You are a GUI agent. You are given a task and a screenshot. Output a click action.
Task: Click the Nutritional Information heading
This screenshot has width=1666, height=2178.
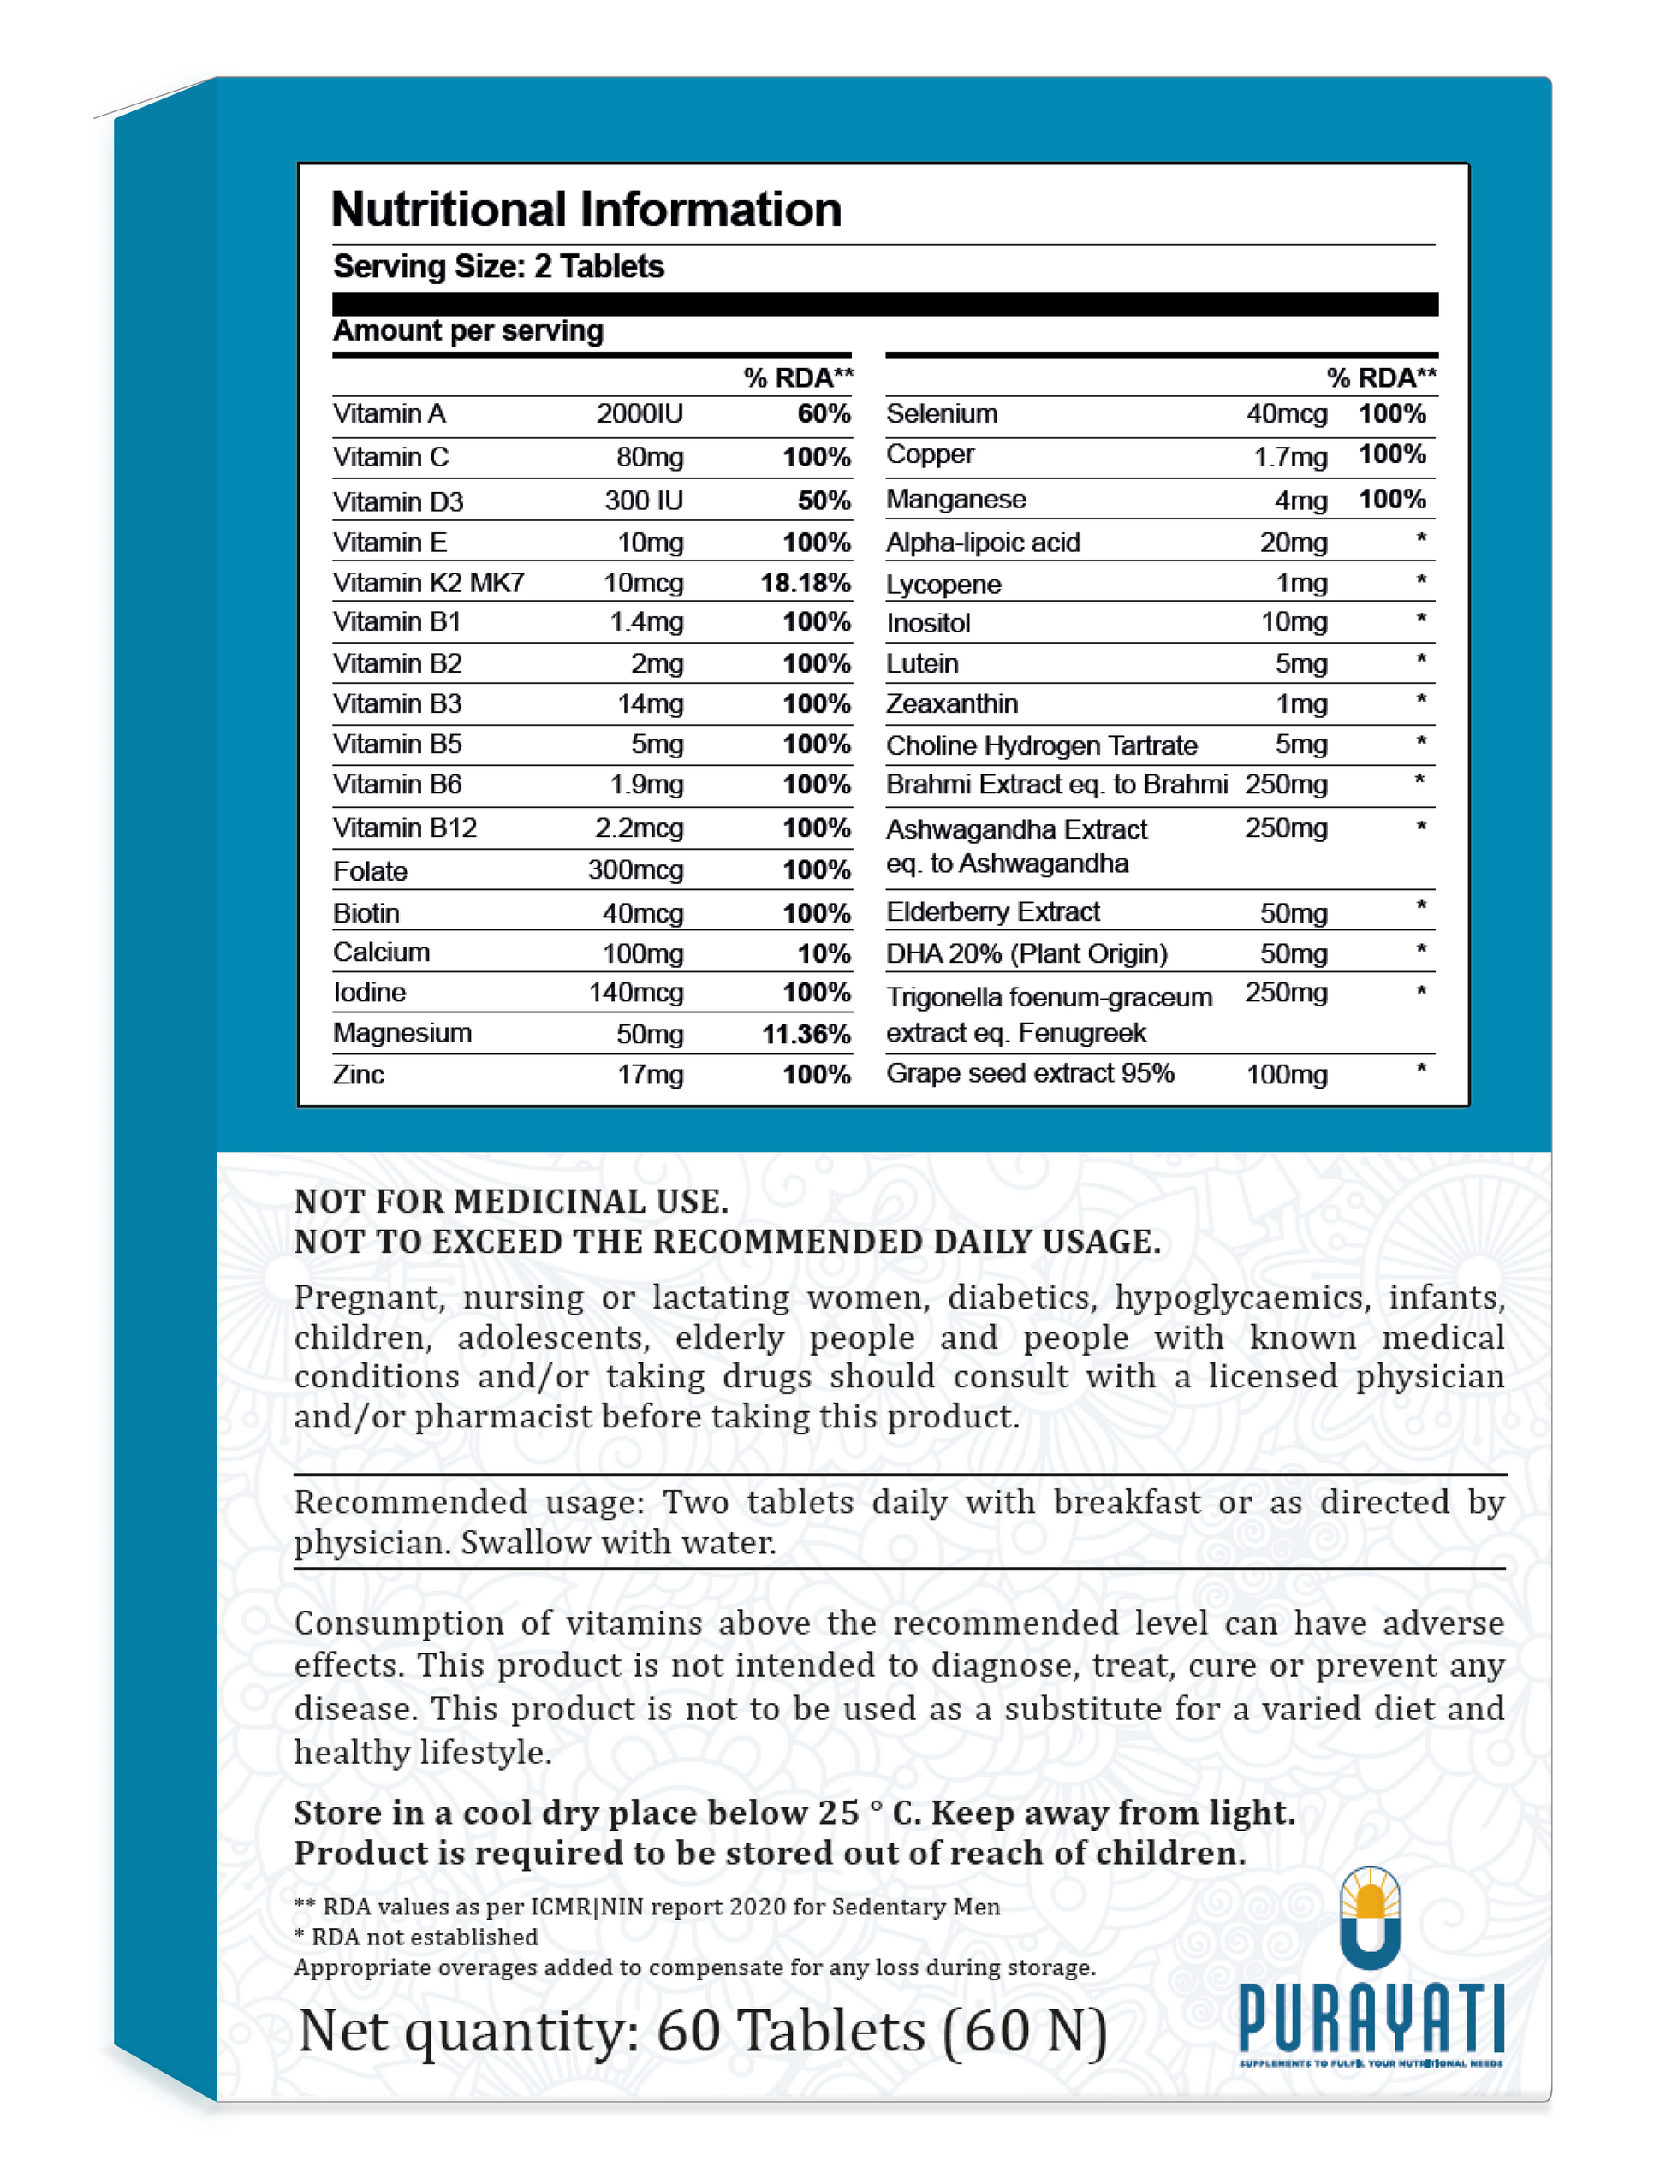586,211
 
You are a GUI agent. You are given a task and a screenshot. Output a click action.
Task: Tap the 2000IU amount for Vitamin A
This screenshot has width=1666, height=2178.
640,413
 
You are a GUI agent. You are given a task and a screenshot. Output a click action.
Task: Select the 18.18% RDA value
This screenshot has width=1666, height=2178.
806,583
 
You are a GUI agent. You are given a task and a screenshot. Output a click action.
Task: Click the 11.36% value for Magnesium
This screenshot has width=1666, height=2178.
806,1034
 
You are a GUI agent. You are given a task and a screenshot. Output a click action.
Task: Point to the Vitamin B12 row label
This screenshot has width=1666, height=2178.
405,828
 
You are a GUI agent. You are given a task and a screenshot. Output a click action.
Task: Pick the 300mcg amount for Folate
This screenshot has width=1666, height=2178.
635,870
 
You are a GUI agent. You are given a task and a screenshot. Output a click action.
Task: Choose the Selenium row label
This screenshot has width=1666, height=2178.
942,413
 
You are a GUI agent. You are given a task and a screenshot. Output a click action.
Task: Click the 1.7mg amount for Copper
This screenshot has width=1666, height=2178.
1290,457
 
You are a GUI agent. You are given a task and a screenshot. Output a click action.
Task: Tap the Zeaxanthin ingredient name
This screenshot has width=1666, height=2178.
952,703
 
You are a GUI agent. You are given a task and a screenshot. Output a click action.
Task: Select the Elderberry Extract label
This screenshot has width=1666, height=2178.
992,912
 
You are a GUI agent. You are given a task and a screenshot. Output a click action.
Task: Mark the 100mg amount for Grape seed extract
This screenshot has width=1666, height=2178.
1286,1075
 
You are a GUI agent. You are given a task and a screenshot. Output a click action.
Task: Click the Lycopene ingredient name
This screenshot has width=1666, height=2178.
943,585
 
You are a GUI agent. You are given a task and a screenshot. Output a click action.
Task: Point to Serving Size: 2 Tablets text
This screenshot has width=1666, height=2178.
497,267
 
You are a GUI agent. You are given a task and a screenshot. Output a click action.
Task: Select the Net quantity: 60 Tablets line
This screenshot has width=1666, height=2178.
702,2032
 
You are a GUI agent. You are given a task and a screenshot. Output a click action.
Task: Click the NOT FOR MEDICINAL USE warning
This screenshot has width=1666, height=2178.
511,1202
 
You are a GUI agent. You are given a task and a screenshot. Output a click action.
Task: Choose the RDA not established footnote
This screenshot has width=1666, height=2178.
416,1938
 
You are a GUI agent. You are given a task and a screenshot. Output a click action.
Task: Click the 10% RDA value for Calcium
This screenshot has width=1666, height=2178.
824,953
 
